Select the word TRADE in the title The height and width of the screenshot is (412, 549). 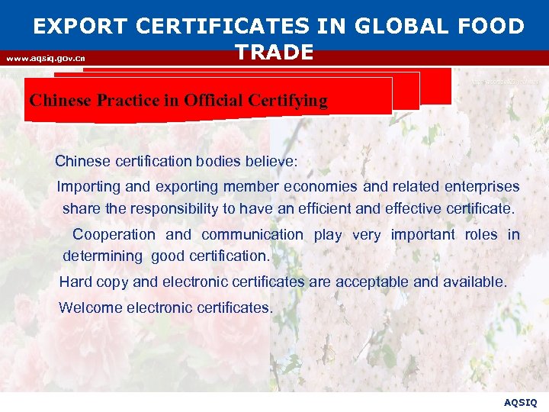click(274, 52)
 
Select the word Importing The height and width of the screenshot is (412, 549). click(88, 187)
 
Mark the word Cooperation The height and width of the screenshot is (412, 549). click(114, 235)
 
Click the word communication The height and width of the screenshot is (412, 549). click(252, 235)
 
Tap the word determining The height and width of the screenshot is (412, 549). click(102, 256)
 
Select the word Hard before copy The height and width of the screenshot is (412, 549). click(75, 282)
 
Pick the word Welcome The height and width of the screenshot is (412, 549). click(89, 307)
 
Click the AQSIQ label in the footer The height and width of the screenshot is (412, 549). click(521, 401)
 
